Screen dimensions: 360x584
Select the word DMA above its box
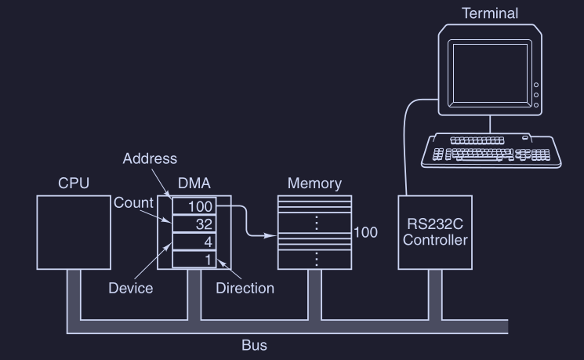(194, 184)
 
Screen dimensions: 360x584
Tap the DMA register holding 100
(194, 206)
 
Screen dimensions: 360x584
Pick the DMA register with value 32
(194, 224)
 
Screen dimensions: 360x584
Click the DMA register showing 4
(194, 242)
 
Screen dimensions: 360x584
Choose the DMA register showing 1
(194, 260)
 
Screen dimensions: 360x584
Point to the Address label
(150, 159)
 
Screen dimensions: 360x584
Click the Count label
(133, 203)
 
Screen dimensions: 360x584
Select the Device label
(130, 288)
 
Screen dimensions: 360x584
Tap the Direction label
(245, 288)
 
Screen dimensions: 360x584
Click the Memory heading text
(314, 184)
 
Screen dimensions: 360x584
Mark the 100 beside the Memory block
(365, 233)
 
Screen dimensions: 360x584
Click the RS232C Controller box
(435, 232)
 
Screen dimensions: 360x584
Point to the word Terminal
(490, 13)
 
